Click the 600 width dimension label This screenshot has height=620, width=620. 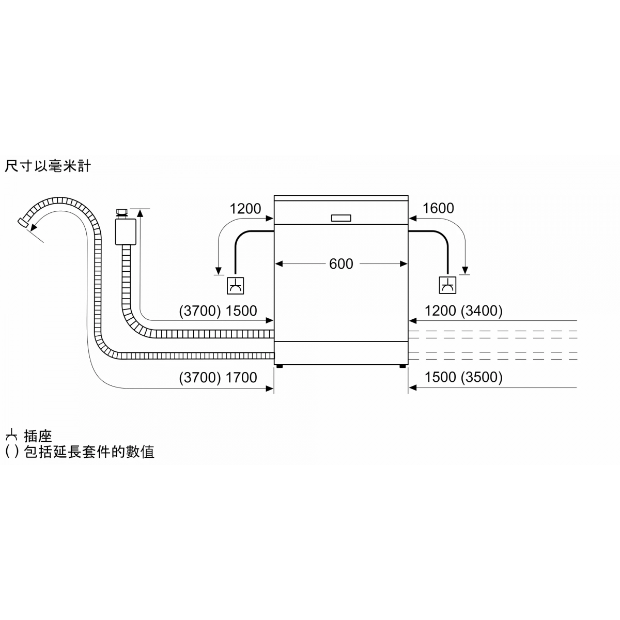coord(341,264)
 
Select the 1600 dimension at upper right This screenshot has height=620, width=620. coord(438,208)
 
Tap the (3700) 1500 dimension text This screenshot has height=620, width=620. coord(218,311)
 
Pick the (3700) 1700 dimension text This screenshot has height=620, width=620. coord(218,377)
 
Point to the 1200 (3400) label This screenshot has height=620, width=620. coord(463,311)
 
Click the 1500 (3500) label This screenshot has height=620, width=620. coord(463,377)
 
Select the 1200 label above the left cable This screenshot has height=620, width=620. coord(245,209)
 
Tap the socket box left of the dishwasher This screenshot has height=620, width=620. coord(235,285)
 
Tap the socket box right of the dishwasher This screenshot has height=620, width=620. coord(447,285)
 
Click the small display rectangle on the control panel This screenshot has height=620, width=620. coord(341,218)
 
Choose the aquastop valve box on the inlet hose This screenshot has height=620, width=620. coord(126,231)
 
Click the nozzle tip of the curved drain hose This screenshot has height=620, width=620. coord(22,223)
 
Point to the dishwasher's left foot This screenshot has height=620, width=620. coord(280,366)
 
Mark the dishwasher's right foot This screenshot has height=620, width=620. coord(402,366)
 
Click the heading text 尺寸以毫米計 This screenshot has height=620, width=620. coord(48,166)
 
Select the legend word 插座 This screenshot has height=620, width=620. coord(38,436)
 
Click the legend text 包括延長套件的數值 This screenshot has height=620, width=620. coord(89,452)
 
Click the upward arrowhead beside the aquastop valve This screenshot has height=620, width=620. coord(140,213)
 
